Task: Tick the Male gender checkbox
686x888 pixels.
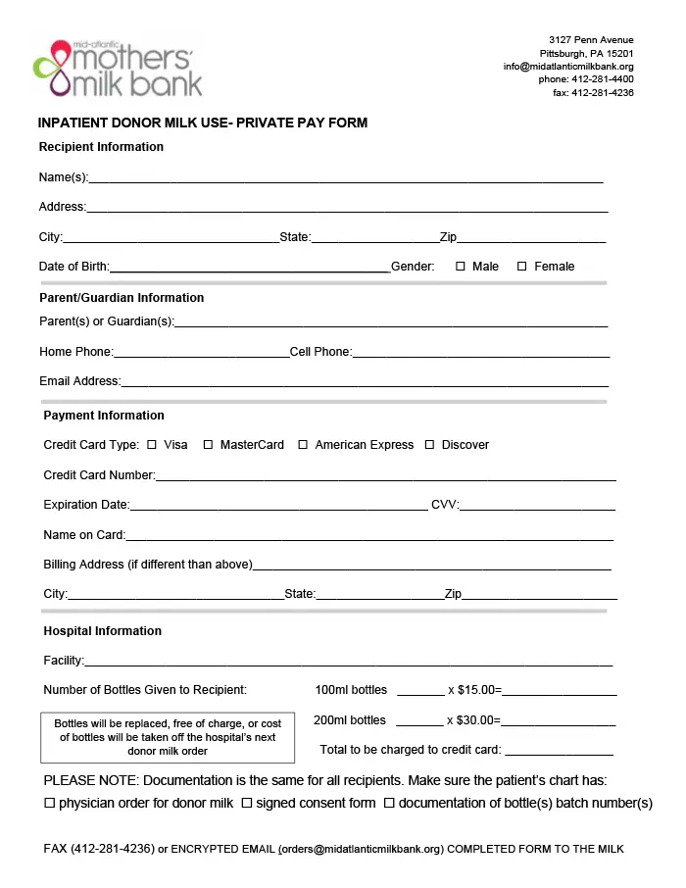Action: click(461, 267)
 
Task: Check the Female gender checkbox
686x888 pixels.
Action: click(522, 267)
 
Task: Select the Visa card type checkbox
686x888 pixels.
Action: click(152, 445)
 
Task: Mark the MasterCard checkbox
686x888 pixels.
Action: click(208, 445)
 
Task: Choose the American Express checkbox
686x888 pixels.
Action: click(304, 445)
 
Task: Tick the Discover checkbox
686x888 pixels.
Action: click(429, 445)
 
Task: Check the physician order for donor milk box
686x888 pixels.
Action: click(50, 804)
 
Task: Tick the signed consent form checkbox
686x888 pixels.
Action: click(247, 804)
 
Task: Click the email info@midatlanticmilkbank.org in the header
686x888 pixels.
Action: click(568, 67)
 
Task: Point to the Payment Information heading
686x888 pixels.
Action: click(104, 416)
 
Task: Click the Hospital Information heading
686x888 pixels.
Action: click(102, 631)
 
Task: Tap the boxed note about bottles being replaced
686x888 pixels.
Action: click(168, 738)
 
